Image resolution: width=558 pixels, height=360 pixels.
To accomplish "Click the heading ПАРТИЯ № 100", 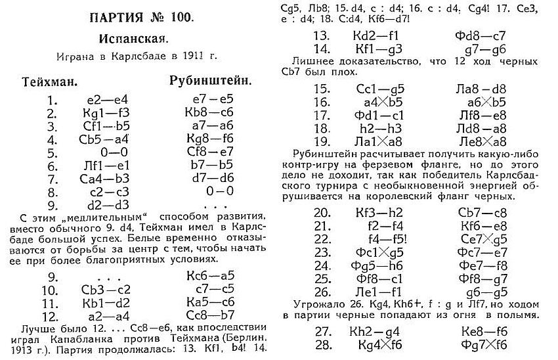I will tap(139, 16).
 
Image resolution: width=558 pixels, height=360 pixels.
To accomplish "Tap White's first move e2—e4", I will tap(104, 102).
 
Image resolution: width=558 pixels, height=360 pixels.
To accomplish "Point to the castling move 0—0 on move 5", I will tap(104, 152).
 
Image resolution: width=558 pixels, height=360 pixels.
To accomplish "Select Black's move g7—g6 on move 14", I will tap(475, 49).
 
